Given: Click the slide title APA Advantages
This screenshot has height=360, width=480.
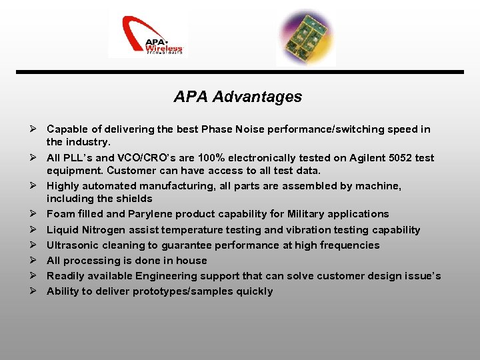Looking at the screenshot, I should tap(237, 97).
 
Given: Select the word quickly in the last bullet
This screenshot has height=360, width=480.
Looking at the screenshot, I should tap(253, 291).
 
